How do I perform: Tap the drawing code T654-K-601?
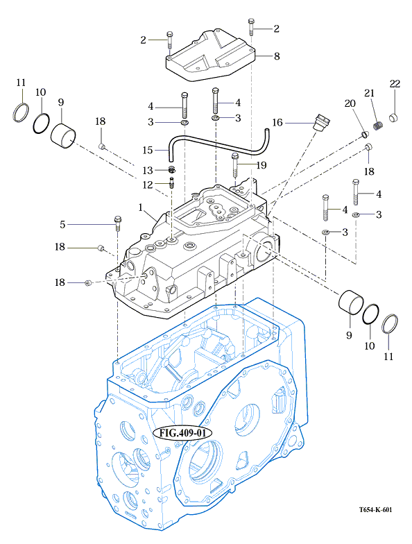(376, 509)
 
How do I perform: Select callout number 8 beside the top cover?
(276, 56)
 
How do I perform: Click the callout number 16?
(277, 122)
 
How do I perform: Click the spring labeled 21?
(378, 125)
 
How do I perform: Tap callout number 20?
(350, 103)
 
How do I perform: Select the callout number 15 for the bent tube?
(147, 150)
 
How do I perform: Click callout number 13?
(147, 171)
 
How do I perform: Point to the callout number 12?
(147, 185)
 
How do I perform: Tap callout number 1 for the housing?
(140, 207)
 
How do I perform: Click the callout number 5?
(62, 225)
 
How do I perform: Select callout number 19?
(261, 165)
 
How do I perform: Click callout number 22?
(395, 84)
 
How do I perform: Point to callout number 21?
(369, 93)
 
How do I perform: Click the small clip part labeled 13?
(172, 169)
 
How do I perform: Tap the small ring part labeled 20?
(363, 135)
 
